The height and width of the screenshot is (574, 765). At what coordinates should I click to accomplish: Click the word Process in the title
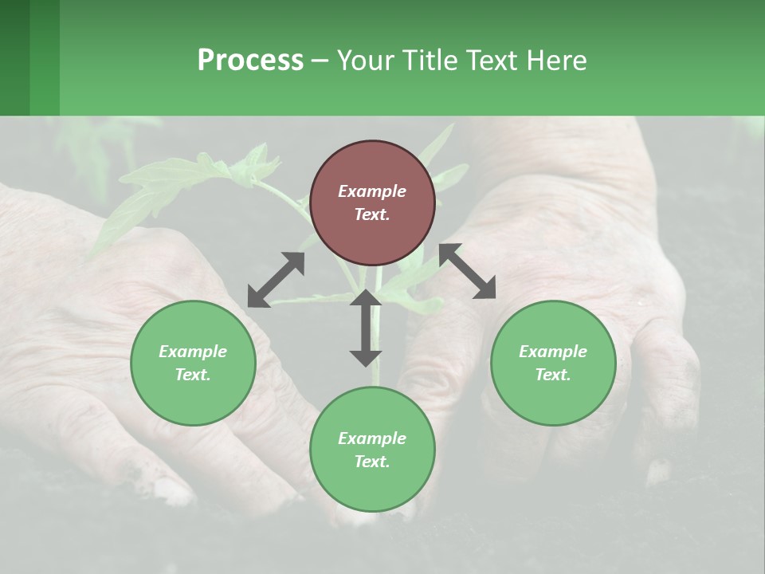click(250, 61)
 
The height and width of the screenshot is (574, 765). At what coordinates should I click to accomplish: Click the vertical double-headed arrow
click(366, 328)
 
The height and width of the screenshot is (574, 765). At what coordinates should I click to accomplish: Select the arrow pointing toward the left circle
click(276, 279)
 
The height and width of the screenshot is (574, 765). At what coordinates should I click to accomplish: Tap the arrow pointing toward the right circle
click(468, 272)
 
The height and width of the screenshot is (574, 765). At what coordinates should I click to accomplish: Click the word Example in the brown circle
click(372, 191)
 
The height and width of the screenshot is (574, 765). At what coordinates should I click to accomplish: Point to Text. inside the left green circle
click(193, 375)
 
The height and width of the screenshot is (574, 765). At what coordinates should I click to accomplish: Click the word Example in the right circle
click(553, 352)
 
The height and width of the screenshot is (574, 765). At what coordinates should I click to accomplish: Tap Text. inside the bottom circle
click(372, 462)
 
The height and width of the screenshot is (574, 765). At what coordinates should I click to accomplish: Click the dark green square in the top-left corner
click(14, 57)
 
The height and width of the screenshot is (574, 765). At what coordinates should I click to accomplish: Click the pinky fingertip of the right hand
click(658, 470)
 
